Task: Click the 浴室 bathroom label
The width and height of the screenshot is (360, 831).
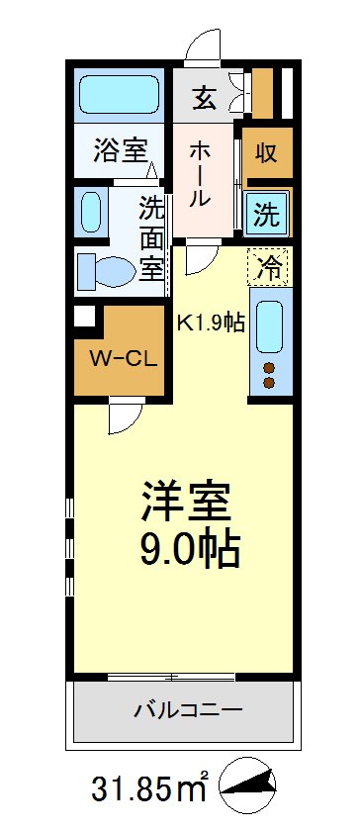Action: click(x=121, y=151)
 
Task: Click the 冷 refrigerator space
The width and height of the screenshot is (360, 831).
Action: click(x=269, y=264)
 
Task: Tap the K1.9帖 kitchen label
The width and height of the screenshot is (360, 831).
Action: click(x=211, y=322)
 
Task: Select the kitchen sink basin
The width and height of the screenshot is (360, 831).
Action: click(x=270, y=327)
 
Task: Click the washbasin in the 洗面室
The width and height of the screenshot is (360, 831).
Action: click(x=90, y=211)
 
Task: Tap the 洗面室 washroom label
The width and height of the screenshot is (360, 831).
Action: click(x=150, y=236)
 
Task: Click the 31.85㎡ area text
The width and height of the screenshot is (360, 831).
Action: click(x=149, y=791)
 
